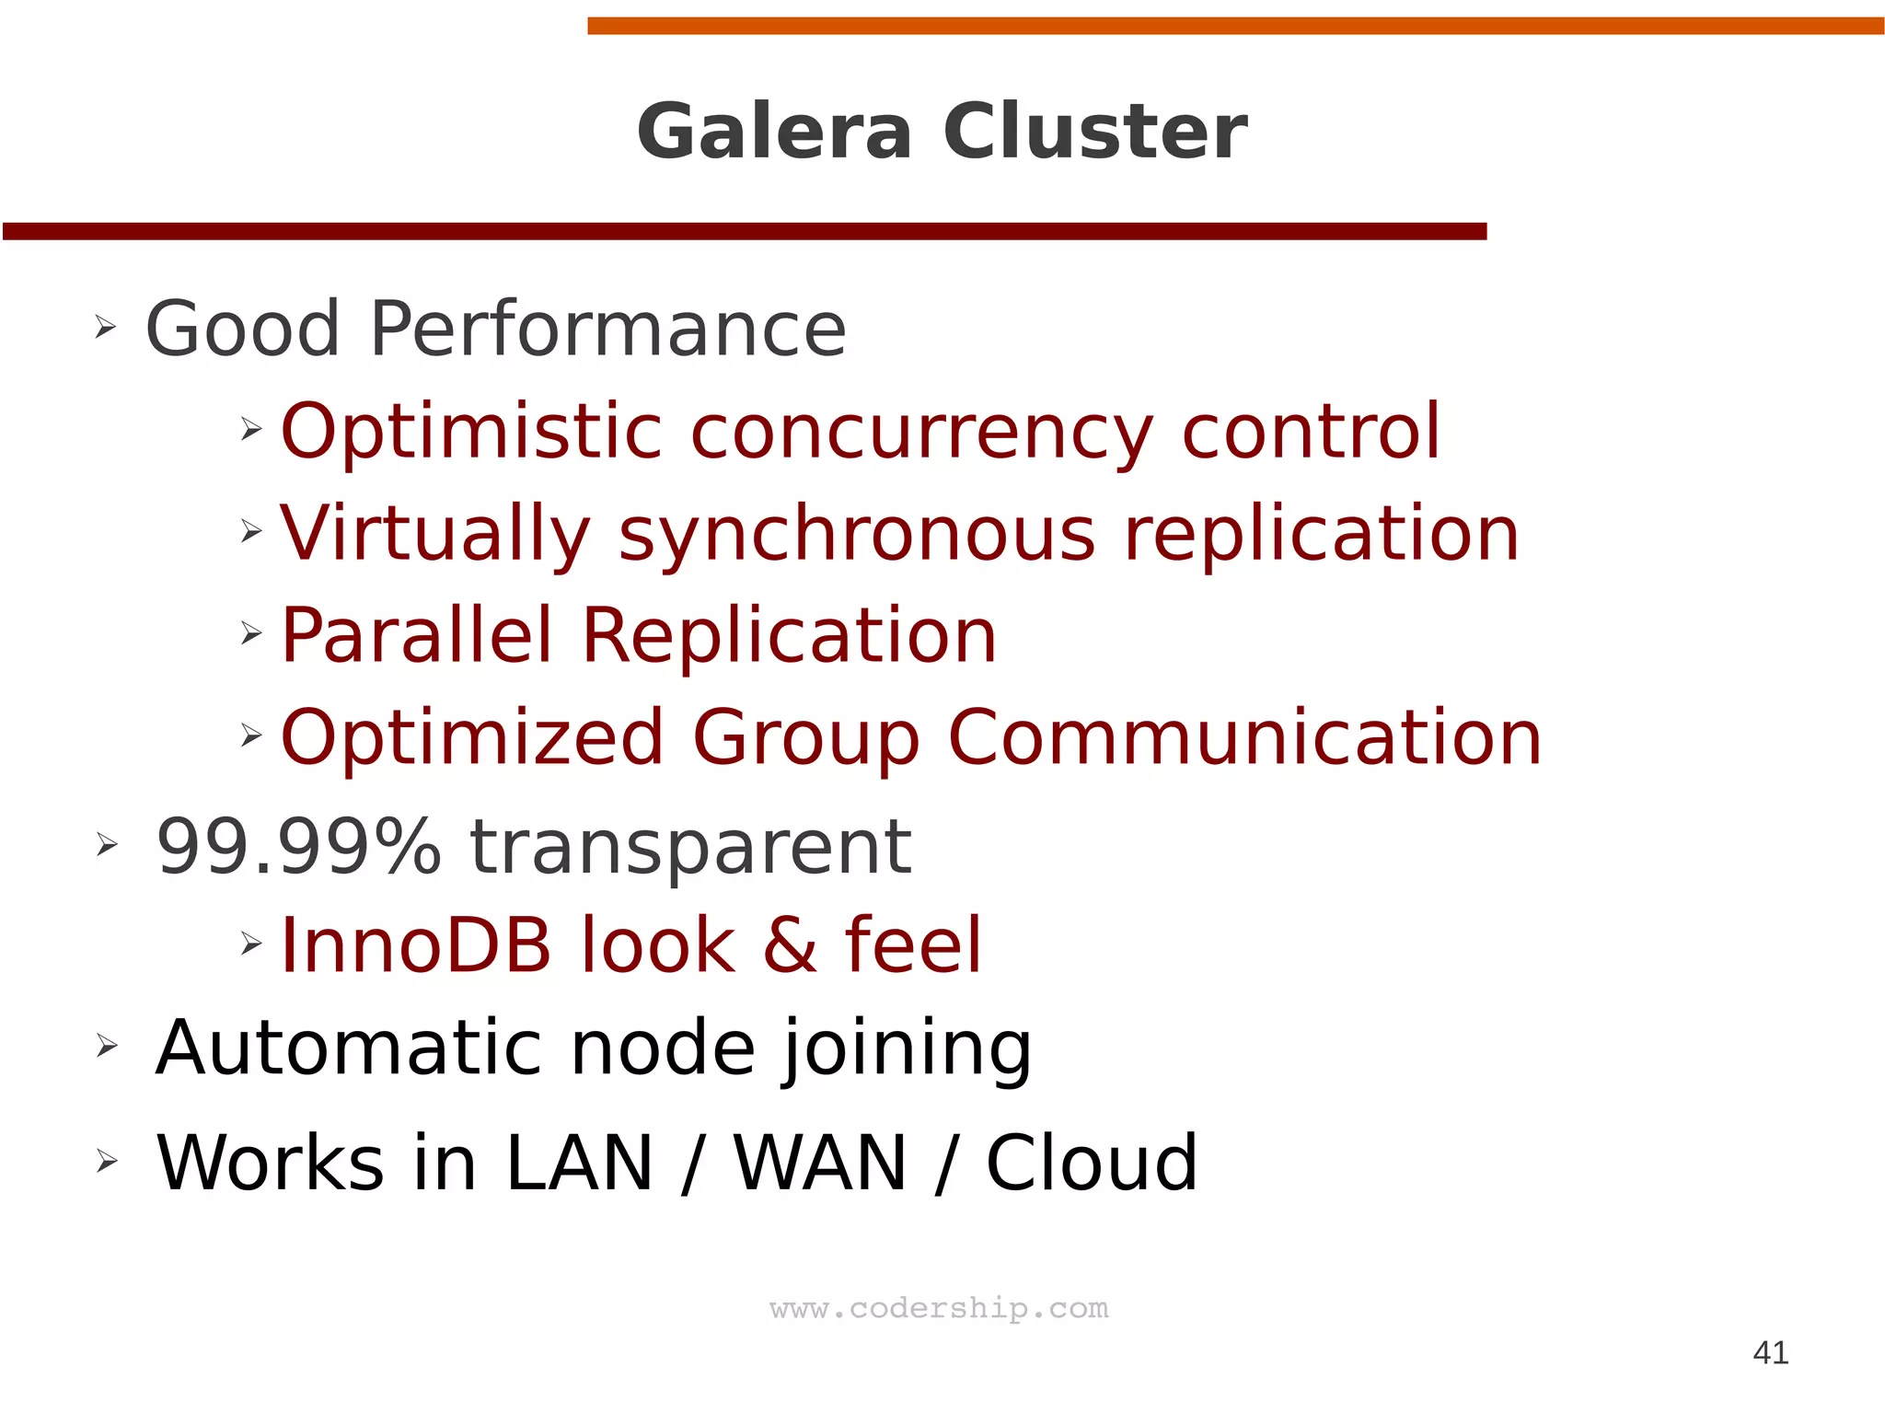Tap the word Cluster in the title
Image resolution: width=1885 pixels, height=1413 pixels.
coord(1094,132)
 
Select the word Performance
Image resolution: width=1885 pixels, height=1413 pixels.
coord(607,330)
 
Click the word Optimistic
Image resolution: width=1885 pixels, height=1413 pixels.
coord(471,432)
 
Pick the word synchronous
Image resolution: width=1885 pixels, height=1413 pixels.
coord(857,536)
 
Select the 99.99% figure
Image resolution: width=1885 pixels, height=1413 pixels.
coord(298,847)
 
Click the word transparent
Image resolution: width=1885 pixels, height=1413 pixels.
coord(690,849)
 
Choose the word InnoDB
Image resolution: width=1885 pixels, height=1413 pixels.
coord(415,945)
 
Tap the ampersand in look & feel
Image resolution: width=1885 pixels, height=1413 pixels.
coord(790,946)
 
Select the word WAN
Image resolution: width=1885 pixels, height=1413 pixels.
coord(820,1163)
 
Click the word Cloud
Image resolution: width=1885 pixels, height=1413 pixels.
coord(1092,1163)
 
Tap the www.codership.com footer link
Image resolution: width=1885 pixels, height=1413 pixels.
coord(939,1308)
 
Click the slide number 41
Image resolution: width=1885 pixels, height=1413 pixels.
coord(1771,1352)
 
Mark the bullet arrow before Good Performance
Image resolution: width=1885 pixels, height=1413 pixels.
coord(105,327)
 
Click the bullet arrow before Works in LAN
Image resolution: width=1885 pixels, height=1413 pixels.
coord(107,1162)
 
